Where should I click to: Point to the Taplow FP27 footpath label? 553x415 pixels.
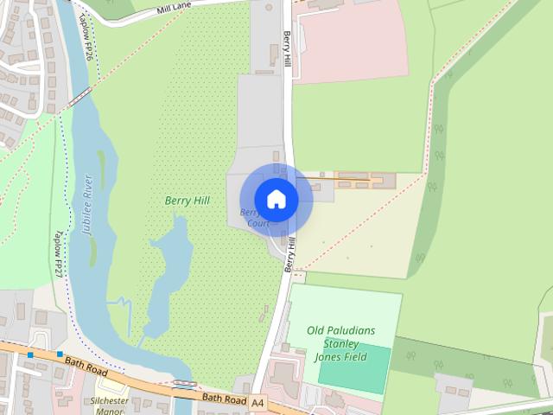point(59,253)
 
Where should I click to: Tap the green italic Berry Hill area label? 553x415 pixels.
point(187,201)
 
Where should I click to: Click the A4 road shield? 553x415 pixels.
point(258,402)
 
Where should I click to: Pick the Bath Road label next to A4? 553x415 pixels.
point(224,398)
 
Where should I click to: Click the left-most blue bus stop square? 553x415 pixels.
point(30,354)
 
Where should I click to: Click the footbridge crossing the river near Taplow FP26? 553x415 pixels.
point(79,94)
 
